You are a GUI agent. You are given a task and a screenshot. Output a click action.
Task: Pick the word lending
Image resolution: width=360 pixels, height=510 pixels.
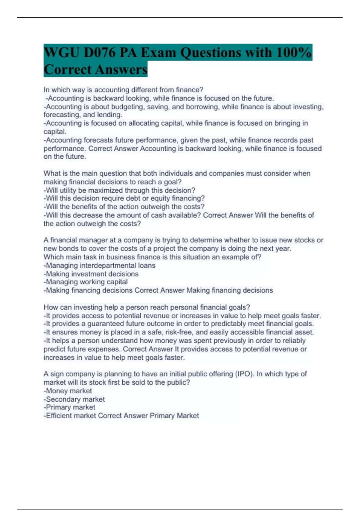pos(109,115)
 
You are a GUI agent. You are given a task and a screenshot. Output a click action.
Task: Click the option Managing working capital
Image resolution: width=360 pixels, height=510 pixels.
pos(86,282)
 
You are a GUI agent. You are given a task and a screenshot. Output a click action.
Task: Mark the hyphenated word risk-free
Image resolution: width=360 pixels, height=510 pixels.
pos(178,332)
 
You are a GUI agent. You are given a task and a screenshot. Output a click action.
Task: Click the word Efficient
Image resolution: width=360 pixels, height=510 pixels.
pos(59,416)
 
